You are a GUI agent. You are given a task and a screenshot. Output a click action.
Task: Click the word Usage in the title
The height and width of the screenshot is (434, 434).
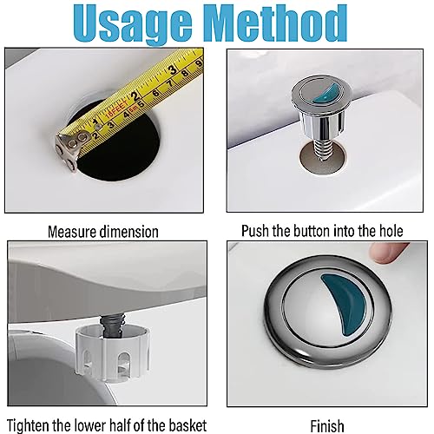coord(133,23)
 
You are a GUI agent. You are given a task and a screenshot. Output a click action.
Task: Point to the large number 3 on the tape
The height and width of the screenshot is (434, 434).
coord(173,69)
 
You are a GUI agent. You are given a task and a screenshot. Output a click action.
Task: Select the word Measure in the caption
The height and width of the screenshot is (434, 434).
coord(72,232)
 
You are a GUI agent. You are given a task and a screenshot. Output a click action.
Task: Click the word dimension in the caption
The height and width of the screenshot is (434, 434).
coord(129,232)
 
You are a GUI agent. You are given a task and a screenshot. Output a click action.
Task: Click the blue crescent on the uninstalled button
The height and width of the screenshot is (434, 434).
coord(328,93)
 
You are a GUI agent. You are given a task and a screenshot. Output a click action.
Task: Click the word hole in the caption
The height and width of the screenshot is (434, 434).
coord(391,231)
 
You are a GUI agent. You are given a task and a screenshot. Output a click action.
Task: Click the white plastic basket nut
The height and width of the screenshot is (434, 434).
coord(113,352)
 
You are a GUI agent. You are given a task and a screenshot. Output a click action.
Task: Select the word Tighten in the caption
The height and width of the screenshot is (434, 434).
coord(28,425)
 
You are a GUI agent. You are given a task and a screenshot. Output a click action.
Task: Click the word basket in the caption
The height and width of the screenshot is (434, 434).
coord(187,425)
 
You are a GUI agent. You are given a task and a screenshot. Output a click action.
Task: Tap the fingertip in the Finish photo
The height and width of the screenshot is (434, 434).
coord(388,253)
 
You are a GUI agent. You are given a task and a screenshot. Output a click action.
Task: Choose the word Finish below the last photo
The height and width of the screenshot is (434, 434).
coord(327,426)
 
